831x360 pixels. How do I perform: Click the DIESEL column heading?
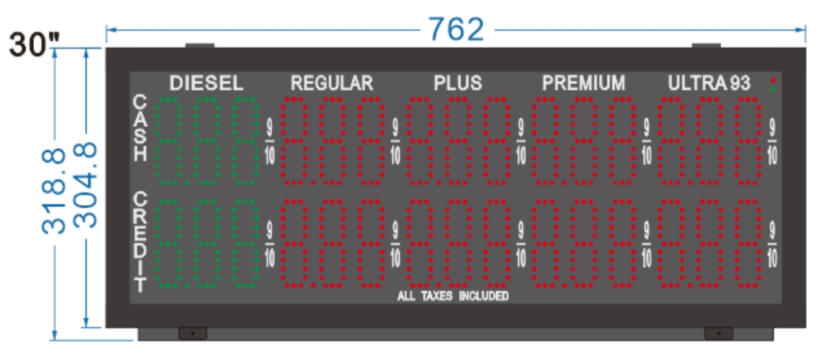coord(206,83)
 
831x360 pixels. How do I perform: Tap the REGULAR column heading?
coord(332,83)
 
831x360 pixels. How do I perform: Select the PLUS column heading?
coord(457,83)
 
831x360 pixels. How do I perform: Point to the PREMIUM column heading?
coord(583,83)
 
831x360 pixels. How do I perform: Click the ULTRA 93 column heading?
coord(709,83)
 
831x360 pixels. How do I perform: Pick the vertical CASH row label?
coord(141,129)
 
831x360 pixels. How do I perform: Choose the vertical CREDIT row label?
coord(141,241)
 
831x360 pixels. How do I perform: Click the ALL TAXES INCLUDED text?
coord(452,296)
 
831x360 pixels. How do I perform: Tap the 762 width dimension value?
coord(456,30)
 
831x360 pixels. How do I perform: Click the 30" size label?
coord(31,44)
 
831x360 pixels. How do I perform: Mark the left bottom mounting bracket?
coord(193,332)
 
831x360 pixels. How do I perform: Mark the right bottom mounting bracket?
coord(717,332)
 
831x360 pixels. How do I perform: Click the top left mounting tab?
coord(200,44)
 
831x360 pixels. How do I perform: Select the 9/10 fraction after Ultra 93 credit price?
coord(773,244)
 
